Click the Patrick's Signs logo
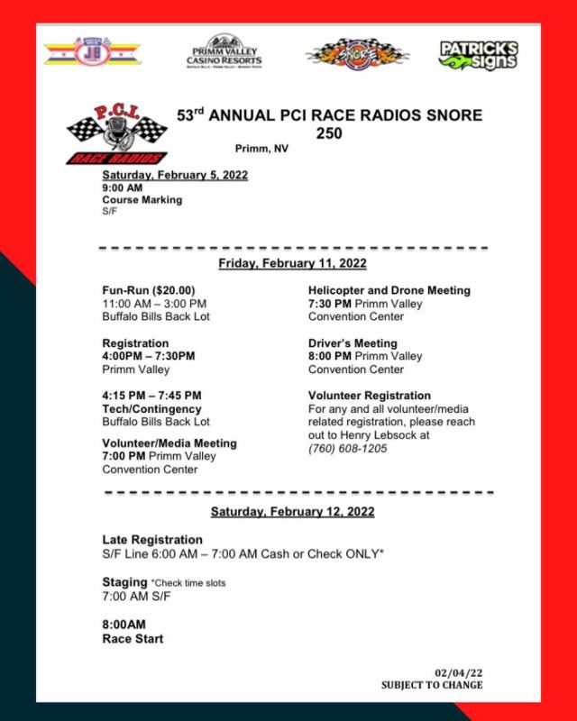pyautogui.click(x=478, y=54)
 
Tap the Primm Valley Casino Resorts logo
pyautogui.click(x=224, y=52)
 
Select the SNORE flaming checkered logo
pyautogui.click(x=353, y=54)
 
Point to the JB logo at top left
pyautogui.click(x=92, y=52)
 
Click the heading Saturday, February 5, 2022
pyautogui.click(x=174, y=175)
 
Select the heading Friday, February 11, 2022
pyautogui.click(x=292, y=263)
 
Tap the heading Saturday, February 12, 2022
pyautogui.click(x=292, y=511)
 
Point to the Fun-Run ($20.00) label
pyautogui.click(x=149, y=290)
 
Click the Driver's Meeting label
pyautogui.click(x=353, y=343)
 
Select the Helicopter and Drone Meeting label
pyautogui.click(x=389, y=290)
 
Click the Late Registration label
pyautogui.click(x=152, y=539)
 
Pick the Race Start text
pyautogui.click(x=133, y=639)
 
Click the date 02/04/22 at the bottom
pyautogui.click(x=458, y=672)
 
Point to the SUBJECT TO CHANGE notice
pyautogui.click(x=431, y=685)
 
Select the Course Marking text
pyautogui.click(x=142, y=199)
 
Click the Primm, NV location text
pyautogui.click(x=260, y=148)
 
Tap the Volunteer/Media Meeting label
pyautogui.click(x=169, y=443)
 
